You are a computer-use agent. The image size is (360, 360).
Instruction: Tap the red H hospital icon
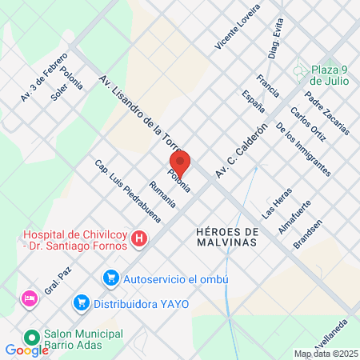[139, 238]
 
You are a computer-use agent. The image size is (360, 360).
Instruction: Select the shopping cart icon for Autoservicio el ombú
[111, 278]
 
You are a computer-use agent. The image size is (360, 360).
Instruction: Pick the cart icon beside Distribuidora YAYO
[80, 302]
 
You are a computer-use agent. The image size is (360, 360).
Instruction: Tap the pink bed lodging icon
[30, 298]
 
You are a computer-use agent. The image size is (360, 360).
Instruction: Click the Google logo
[26, 350]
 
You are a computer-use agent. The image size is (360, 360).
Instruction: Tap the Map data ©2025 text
[326, 354]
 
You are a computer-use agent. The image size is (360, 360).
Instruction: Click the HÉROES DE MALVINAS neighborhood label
[227, 238]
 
